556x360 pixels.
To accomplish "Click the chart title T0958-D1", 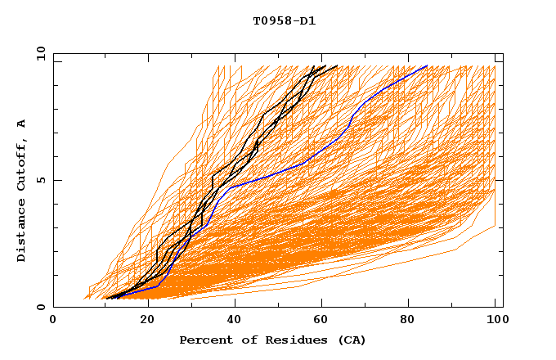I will coord(284,21).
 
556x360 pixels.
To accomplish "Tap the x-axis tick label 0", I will coord(53,320).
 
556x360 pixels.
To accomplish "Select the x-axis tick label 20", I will coord(141,320).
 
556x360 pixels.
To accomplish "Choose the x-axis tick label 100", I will coord(495,320).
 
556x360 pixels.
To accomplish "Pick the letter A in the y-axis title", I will coord(22,124).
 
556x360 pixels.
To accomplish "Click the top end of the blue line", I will coord(427,65).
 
